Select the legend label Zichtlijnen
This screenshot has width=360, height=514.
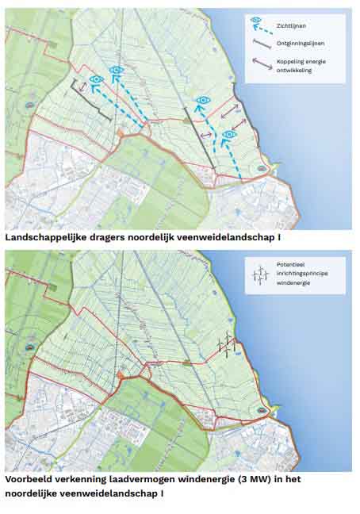292,25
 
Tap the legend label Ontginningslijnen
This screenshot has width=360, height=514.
301,44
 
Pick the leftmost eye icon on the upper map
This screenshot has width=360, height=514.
96,79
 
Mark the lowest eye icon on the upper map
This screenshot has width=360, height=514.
229,135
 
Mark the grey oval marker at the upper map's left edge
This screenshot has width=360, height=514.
29,104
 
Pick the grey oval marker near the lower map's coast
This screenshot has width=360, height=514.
262,410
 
